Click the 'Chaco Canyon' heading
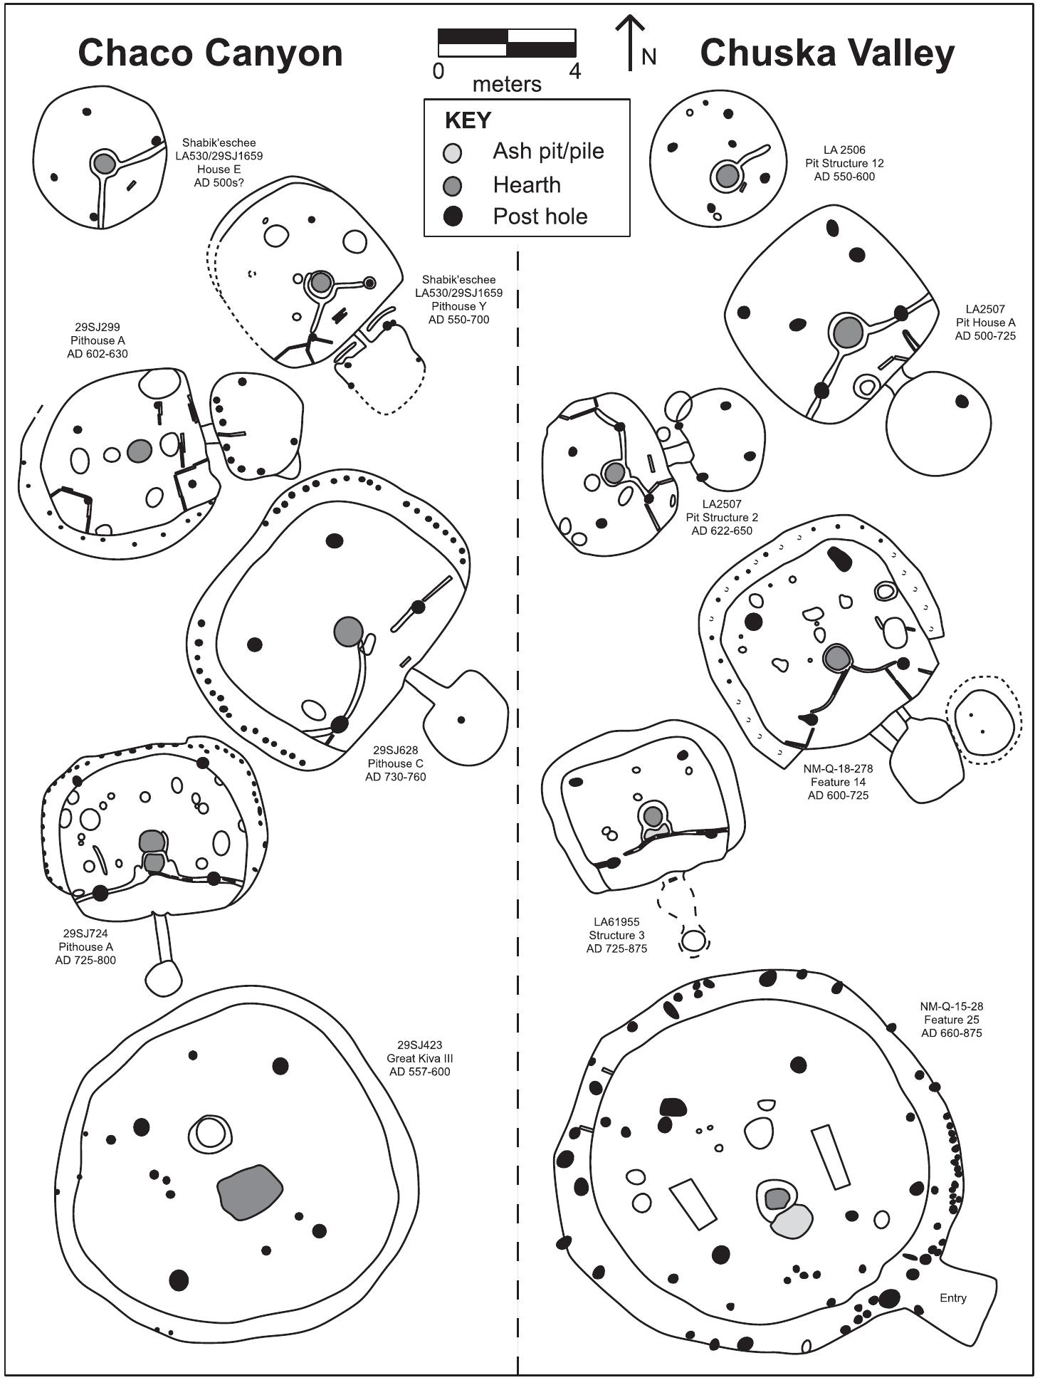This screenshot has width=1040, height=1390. (x=210, y=53)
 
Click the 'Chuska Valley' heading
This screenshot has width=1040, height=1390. (x=826, y=53)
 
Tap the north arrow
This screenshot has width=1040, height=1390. (x=630, y=44)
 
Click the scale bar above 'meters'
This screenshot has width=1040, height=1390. (x=506, y=43)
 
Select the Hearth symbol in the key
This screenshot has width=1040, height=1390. (x=452, y=186)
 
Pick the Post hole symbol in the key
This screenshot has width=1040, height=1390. (x=452, y=216)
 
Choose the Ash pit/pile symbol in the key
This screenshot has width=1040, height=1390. (x=452, y=152)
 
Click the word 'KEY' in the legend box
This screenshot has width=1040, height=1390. (x=468, y=120)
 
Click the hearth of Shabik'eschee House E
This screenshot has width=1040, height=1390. (x=103, y=164)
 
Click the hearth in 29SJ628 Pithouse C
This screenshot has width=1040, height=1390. (x=348, y=632)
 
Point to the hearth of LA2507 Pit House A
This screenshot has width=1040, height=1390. (x=847, y=332)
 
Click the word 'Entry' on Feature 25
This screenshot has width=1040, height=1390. (x=952, y=1297)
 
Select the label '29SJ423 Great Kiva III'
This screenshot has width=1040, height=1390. (x=420, y=1058)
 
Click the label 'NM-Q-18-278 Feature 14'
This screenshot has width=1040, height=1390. (x=838, y=782)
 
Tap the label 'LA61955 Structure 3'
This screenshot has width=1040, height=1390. (x=616, y=935)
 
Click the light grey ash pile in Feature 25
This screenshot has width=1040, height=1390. (x=792, y=1222)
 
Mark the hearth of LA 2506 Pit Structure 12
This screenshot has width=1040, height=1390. (x=727, y=175)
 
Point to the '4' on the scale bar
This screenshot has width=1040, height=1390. (x=574, y=71)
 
